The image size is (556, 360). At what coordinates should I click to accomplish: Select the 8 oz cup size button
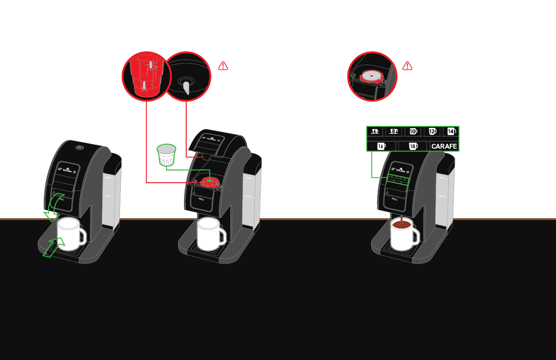tap(394, 131)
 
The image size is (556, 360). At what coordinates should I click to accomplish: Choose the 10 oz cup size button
tap(413, 131)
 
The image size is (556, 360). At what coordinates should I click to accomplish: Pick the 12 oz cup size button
tap(432, 131)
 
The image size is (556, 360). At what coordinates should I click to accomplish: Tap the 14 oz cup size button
tap(451, 131)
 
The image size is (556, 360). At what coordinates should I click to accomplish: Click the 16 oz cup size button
tap(381, 146)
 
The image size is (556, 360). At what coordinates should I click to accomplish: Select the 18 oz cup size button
tap(413, 146)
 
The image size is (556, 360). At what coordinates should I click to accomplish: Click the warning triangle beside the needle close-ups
tap(223, 66)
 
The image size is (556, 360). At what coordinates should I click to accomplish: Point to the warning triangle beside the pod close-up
tap(407, 66)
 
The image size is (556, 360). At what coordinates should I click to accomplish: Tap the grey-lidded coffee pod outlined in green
tap(166, 155)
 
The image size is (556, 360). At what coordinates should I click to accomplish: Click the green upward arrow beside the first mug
tap(54, 247)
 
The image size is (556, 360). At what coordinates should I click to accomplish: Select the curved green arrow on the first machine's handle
tap(53, 207)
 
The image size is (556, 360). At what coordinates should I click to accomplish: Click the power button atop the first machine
tap(79, 147)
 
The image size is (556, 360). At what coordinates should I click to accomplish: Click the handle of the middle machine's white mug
tap(221, 235)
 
